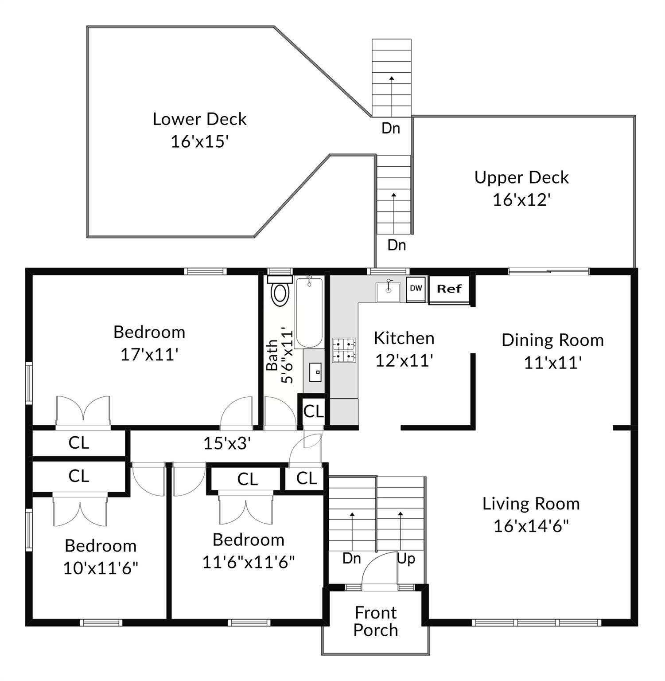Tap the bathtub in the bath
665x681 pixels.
pyautogui.click(x=309, y=312)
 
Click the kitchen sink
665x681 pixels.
pyautogui.click(x=389, y=291)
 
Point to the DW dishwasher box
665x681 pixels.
pyautogui.click(x=416, y=288)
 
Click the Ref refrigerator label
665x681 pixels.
pyautogui.click(x=449, y=289)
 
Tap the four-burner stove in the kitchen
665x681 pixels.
pyautogui.click(x=344, y=349)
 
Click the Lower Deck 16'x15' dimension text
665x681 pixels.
pyautogui.click(x=199, y=141)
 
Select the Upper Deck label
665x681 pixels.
pyautogui.click(x=521, y=177)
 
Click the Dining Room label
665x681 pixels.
pyautogui.click(x=552, y=340)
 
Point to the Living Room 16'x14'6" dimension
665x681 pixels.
pyautogui.click(x=531, y=526)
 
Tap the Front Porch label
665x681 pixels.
pyautogui.click(x=376, y=621)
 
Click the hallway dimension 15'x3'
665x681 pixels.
pyautogui.click(x=227, y=443)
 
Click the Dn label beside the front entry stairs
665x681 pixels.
pyautogui.click(x=352, y=558)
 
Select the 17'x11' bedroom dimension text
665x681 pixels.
pyautogui.click(x=149, y=354)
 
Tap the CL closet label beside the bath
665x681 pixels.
pyautogui.click(x=314, y=411)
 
